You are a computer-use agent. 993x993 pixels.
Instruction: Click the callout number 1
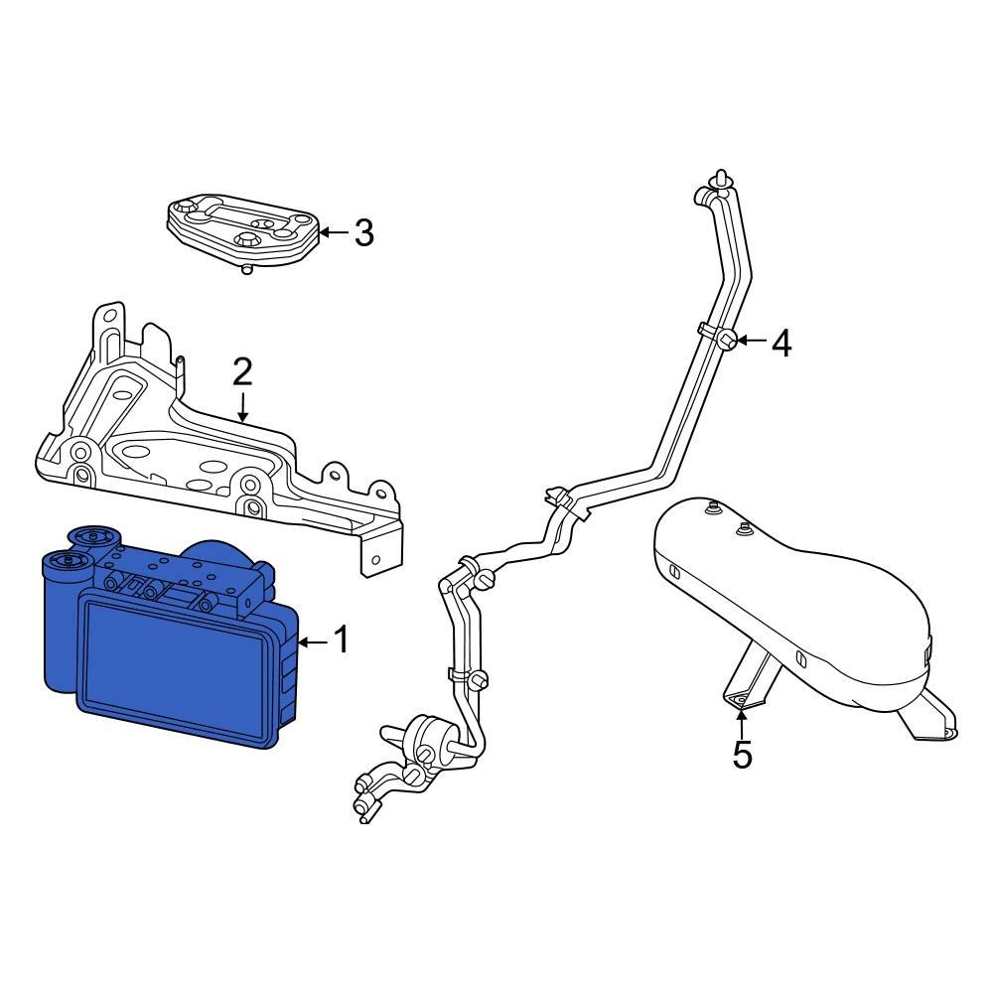(x=341, y=640)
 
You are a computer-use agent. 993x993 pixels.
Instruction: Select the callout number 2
(x=242, y=372)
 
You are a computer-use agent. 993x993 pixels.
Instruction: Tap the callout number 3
(x=363, y=233)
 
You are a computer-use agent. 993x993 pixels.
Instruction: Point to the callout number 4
(x=781, y=344)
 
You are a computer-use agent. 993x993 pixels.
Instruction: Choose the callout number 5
(x=742, y=755)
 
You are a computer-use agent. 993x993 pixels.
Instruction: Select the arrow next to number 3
(x=333, y=233)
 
